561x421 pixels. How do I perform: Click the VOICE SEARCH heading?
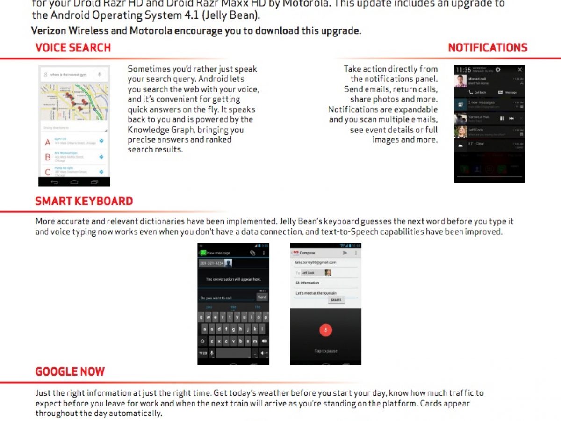[x=73, y=48]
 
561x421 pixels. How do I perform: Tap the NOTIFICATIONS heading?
[x=487, y=48]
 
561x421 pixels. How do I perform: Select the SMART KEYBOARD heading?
[x=84, y=202]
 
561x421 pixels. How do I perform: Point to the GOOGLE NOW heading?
[x=70, y=372]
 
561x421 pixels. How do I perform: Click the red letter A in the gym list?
[x=47, y=142]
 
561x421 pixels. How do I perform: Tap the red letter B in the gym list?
[x=47, y=158]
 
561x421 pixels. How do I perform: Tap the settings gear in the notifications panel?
[x=498, y=70]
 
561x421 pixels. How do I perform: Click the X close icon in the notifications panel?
[x=520, y=70]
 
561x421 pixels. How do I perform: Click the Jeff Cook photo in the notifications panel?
[x=460, y=132]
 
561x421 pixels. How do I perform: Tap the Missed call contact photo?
[x=460, y=81]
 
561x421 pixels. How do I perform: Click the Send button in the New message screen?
[x=262, y=297]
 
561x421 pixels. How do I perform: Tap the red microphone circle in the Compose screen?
[x=325, y=330]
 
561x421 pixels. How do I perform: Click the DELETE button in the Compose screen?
[x=336, y=300]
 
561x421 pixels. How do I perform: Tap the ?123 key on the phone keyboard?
[x=203, y=353]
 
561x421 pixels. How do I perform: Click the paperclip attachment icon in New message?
[x=252, y=253]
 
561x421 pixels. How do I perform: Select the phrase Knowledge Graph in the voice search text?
[x=158, y=130]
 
